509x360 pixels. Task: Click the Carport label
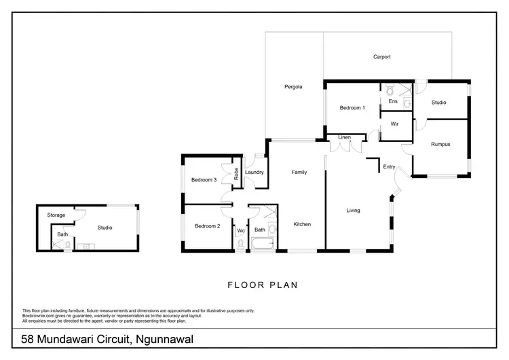tap(382, 57)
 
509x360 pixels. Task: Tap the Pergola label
tap(293, 87)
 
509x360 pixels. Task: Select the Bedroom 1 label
tap(352, 108)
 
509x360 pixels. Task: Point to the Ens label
tap(392, 101)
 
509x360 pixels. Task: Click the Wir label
tap(394, 124)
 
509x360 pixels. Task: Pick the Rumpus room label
tap(440, 144)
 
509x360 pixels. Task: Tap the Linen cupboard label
tap(345, 138)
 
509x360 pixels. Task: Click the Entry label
tap(389, 166)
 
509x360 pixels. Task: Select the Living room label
tap(354, 210)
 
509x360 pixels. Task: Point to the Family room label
tap(299, 172)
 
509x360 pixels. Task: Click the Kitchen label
tap(302, 224)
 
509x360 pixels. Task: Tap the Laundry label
tap(254, 172)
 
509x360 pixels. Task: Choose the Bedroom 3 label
tap(204, 180)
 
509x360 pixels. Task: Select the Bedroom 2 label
tap(207, 226)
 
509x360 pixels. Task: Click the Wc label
tap(240, 231)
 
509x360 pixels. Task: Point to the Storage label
tap(56, 215)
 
